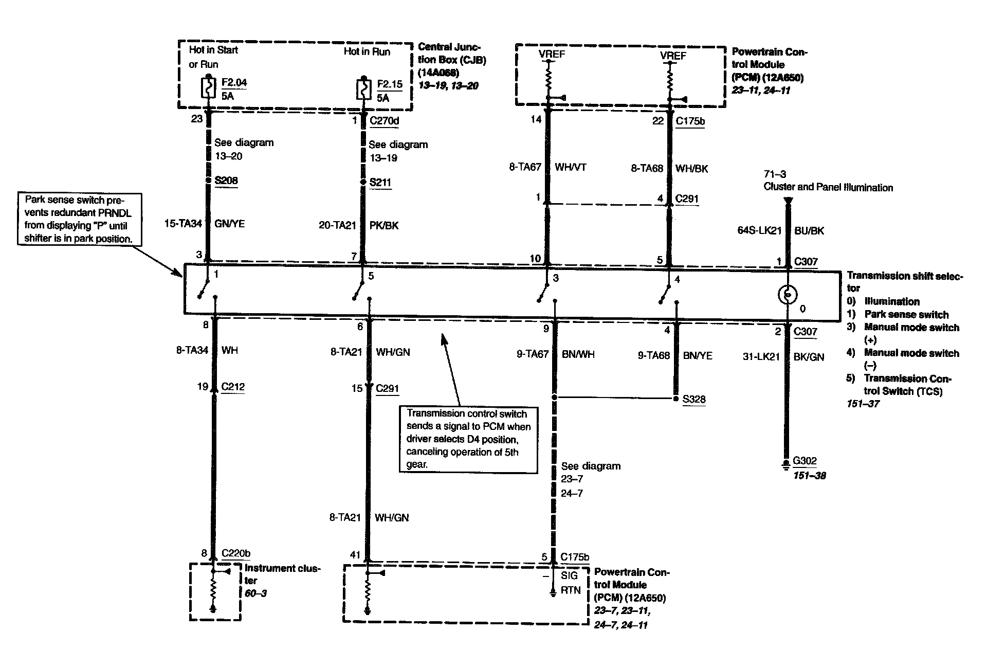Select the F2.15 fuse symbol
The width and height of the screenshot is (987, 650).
[x=363, y=91]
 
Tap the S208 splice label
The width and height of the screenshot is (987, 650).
[x=226, y=180]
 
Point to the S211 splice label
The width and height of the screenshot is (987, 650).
[x=380, y=183]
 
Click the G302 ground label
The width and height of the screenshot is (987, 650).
[x=805, y=461]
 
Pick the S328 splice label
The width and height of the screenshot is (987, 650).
[x=694, y=399]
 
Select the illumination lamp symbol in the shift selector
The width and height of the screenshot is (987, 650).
[x=787, y=295]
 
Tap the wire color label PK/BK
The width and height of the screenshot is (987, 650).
[x=383, y=225]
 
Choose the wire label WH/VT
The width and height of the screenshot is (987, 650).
[x=571, y=167]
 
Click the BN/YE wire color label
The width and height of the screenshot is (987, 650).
[x=698, y=355]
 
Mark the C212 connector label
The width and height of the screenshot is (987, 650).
[x=233, y=387]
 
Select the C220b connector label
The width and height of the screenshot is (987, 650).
[x=236, y=553]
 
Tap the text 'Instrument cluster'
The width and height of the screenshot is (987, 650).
[x=282, y=574]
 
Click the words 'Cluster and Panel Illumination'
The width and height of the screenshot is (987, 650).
[x=828, y=187]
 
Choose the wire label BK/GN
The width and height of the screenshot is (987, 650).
[x=809, y=357]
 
